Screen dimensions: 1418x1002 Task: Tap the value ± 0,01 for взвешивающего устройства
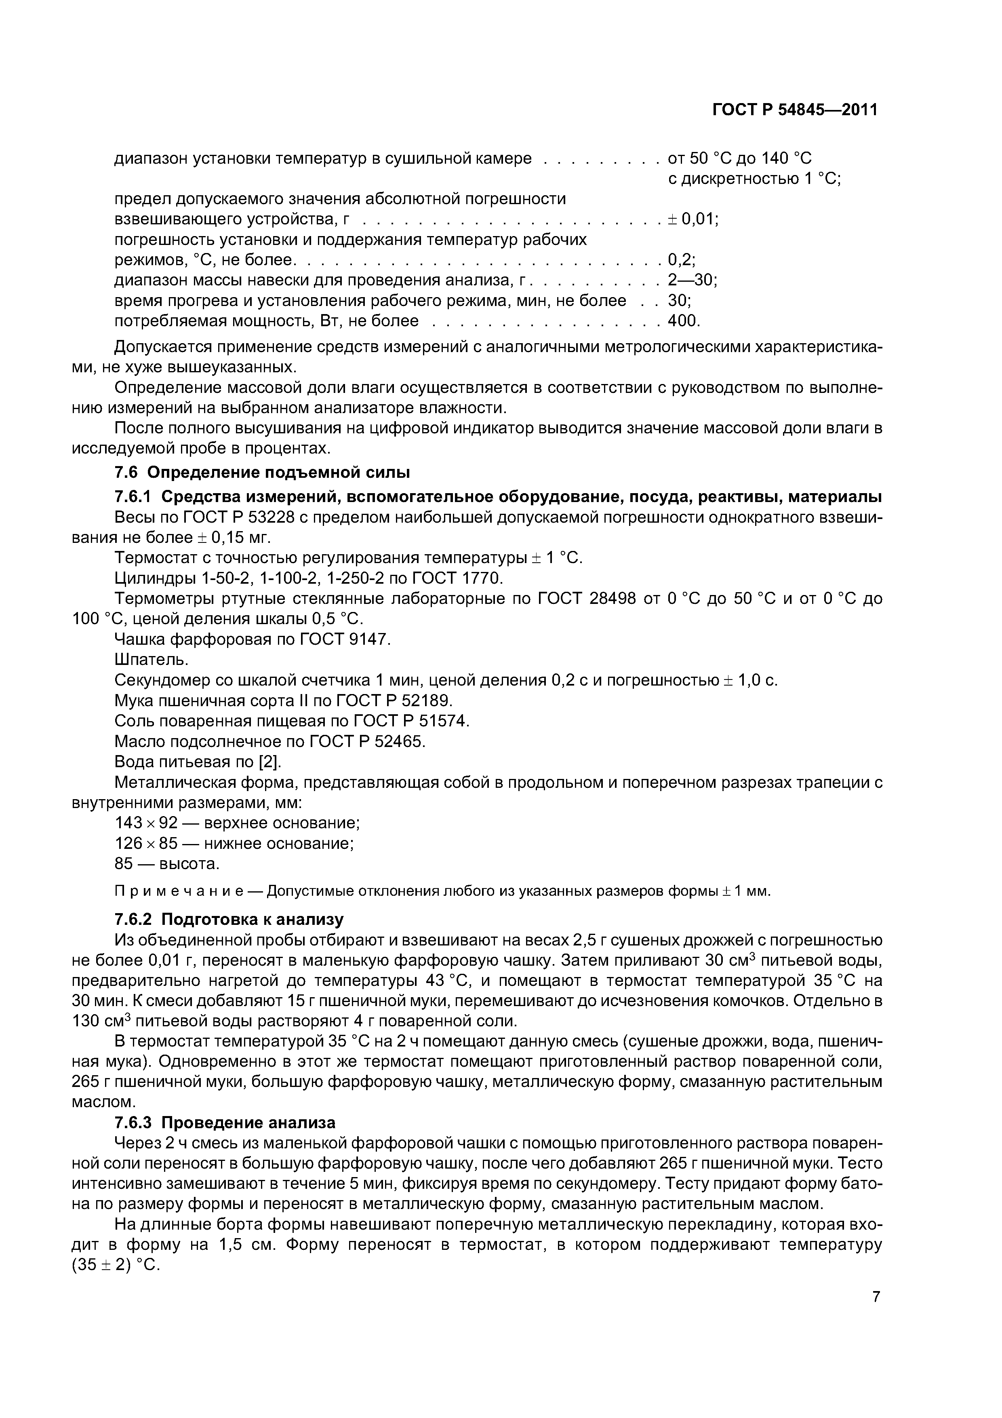pyautogui.click(x=693, y=219)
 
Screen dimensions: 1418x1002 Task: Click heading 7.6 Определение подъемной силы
pyautogui.click(x=262, y=473)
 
